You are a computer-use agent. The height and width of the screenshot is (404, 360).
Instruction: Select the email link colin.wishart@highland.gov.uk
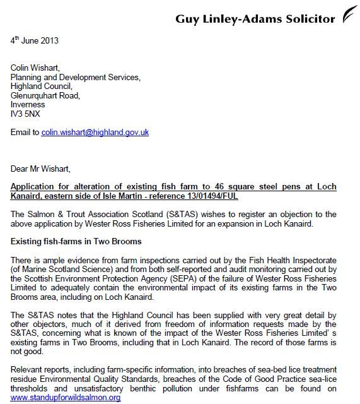95,133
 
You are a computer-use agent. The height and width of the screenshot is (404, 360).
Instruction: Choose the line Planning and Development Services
76,79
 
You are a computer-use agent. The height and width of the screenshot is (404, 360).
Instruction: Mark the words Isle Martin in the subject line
130,196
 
